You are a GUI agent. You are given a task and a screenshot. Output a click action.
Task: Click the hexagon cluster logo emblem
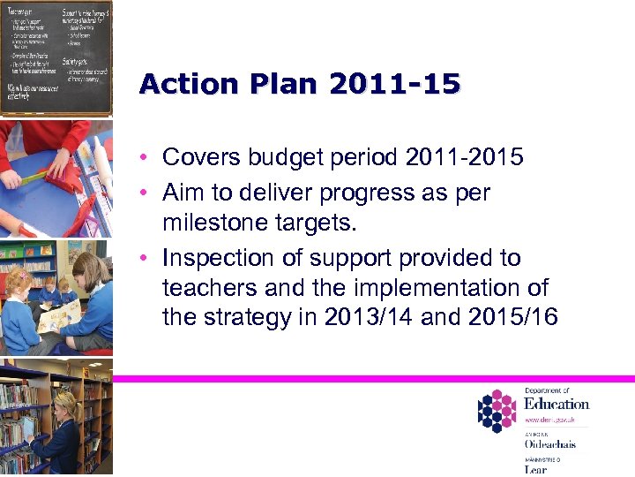[x=496, y=411]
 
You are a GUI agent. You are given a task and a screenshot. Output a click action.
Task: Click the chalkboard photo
[x=56, y=57]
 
